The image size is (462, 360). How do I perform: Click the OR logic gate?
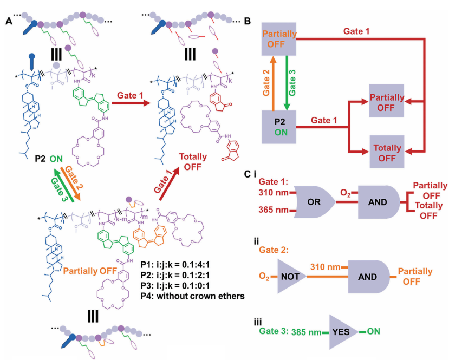tap(314, 202)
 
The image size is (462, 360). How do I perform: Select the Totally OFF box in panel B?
tap(387, 152)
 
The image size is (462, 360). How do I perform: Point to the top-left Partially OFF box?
tap(279, 38)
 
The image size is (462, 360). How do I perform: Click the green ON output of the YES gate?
tap(374, 330)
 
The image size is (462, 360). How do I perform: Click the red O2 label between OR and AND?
tap(345, 193)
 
